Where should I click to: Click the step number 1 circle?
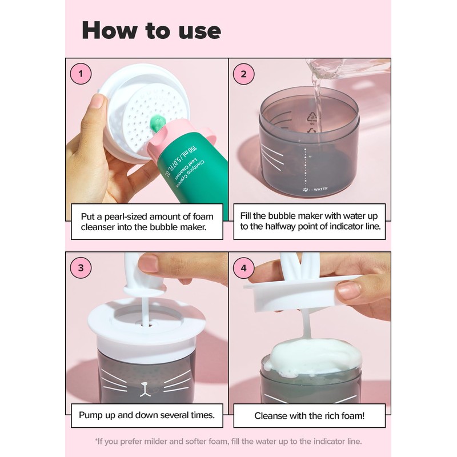point(81,74)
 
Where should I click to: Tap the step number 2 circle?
point(244,74)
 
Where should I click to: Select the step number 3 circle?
point(81,268)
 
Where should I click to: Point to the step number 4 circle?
point(244,268)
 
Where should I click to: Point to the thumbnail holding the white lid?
point(97,101)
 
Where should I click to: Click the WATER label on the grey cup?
point(320,189)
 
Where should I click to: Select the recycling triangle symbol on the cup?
point(312,117)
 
